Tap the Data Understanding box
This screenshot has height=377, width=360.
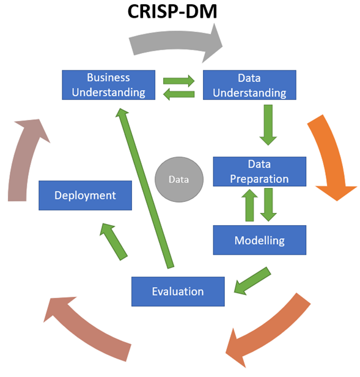coord(249,85)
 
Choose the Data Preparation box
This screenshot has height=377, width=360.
coord(259,171)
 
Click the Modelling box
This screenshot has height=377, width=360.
coord(259,240)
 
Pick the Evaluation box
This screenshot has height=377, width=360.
coord(178,291)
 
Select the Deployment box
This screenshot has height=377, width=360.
coord(85,195)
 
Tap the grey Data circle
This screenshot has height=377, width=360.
coord(178,180)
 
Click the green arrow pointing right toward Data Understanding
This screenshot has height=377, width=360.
coord(179,80)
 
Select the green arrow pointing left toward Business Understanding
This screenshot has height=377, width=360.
coord(178,94)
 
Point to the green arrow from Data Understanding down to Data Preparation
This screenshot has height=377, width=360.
coord(267,124)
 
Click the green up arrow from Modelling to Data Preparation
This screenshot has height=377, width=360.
coord(249,206)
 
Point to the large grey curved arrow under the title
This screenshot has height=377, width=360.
coord(177,42)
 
